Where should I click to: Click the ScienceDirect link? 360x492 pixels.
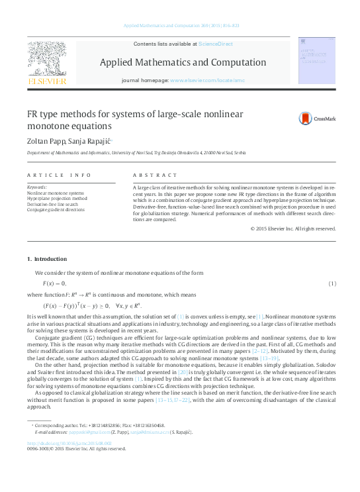(216, 43)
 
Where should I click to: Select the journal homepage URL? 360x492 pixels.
(207, 80)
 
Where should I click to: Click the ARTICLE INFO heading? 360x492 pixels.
(59, 175)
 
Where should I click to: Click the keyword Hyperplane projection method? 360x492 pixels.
(57, 198)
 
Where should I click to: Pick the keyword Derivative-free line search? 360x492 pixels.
(56, 204)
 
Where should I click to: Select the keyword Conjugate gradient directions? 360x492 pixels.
(56, 210)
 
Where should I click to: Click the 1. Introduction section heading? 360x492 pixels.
(46, 258)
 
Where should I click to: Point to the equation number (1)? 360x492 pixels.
(332, 283)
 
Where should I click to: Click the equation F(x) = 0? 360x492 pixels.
(55, 283)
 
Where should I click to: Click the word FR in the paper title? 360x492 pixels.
(32, 114)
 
